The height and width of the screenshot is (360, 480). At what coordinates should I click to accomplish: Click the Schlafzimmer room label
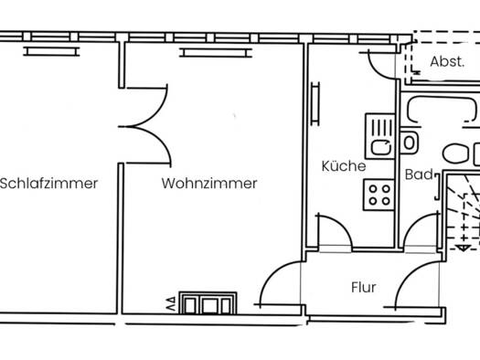(49, 184)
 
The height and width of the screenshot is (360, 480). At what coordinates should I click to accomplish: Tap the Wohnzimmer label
(209, 184)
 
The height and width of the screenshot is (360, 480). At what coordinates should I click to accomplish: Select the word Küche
(344, 166)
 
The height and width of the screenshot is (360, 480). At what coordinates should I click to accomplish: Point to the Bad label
(419, 175)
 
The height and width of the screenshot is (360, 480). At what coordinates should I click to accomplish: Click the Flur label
(364, 288)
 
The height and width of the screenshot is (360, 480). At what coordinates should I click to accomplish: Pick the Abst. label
(447, 62)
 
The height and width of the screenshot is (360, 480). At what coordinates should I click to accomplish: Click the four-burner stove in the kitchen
(379, 195)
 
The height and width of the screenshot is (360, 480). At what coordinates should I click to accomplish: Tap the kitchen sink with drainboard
(380, 136)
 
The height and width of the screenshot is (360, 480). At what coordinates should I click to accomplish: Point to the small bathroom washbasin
(409, 143)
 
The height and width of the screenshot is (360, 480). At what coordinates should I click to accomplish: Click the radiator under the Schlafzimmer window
(51, 51)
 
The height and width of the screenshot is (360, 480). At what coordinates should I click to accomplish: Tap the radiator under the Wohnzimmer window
(216, 53)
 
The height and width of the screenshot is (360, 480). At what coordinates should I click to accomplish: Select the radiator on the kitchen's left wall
(315, 103)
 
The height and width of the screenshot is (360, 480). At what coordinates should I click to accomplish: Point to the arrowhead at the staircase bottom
(464, 248)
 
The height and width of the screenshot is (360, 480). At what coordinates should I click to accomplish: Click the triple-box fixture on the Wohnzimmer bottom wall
(208, 303)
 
